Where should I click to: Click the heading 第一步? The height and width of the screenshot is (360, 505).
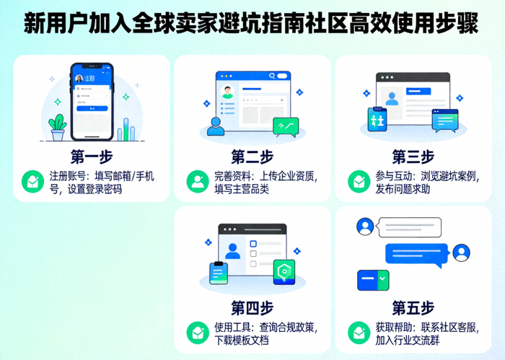click(92, 157)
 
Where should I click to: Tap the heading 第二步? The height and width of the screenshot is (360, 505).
click(252, 157)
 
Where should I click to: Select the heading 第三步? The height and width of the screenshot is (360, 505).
click(413, 157)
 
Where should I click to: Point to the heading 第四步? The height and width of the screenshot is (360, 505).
click(252, 308)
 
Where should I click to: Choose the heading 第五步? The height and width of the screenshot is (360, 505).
click(413, 308)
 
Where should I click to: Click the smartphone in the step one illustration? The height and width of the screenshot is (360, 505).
click(92, 102)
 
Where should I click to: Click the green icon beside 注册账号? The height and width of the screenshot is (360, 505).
click(32, 181)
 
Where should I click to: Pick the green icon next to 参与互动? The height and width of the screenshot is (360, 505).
click(358, 181)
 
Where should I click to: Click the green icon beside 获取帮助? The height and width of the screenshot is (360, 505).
click(358, 333)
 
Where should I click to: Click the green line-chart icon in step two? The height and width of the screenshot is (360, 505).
click(286, 127)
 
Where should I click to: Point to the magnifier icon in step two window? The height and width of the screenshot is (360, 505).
click(272, 76)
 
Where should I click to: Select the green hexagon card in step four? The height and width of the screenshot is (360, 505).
click(284, 272)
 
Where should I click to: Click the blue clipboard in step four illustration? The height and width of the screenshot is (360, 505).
click(218, 273)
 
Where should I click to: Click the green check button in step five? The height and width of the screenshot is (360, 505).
click(383, 277)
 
